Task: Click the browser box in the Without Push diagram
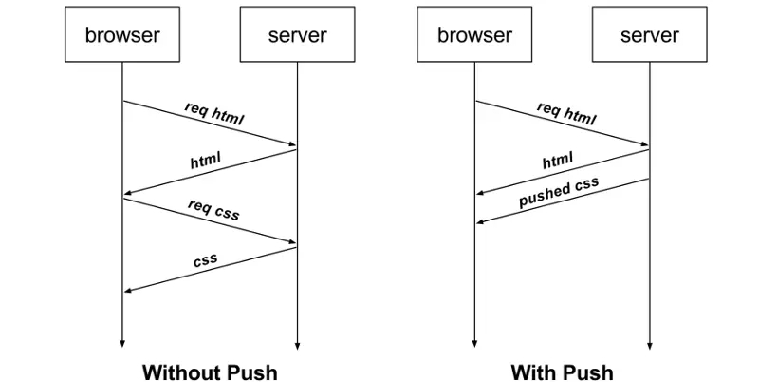[x=122, y=34]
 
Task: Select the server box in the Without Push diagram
[x=297, y=34]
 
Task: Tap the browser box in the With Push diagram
[x=474, y=34]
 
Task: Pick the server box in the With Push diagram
[x=649, y=34]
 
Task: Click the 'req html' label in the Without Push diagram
[x=214, y=113]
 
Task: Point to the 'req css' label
[x=213, y=209]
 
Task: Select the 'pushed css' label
[x=559, y=192]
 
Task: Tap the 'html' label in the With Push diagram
[x=558, y=160]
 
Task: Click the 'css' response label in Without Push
[x=205, y=260]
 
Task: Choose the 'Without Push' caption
[x=210, y=372]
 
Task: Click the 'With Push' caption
[x=562, y=372]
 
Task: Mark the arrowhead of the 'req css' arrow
[x=292, y=241]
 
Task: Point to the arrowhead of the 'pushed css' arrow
[x=480, y=221]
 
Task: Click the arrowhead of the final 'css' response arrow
[x=128, y=291]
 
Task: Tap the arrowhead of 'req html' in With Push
[x=644, y=143]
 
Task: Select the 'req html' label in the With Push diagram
[x=566, y=113]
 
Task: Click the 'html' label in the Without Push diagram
[x=205, y=160]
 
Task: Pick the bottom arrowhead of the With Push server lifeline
[x=649, y=346]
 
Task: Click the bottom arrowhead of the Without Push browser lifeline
[x=122, y=343]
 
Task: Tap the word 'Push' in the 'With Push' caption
[x=587, y=372]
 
